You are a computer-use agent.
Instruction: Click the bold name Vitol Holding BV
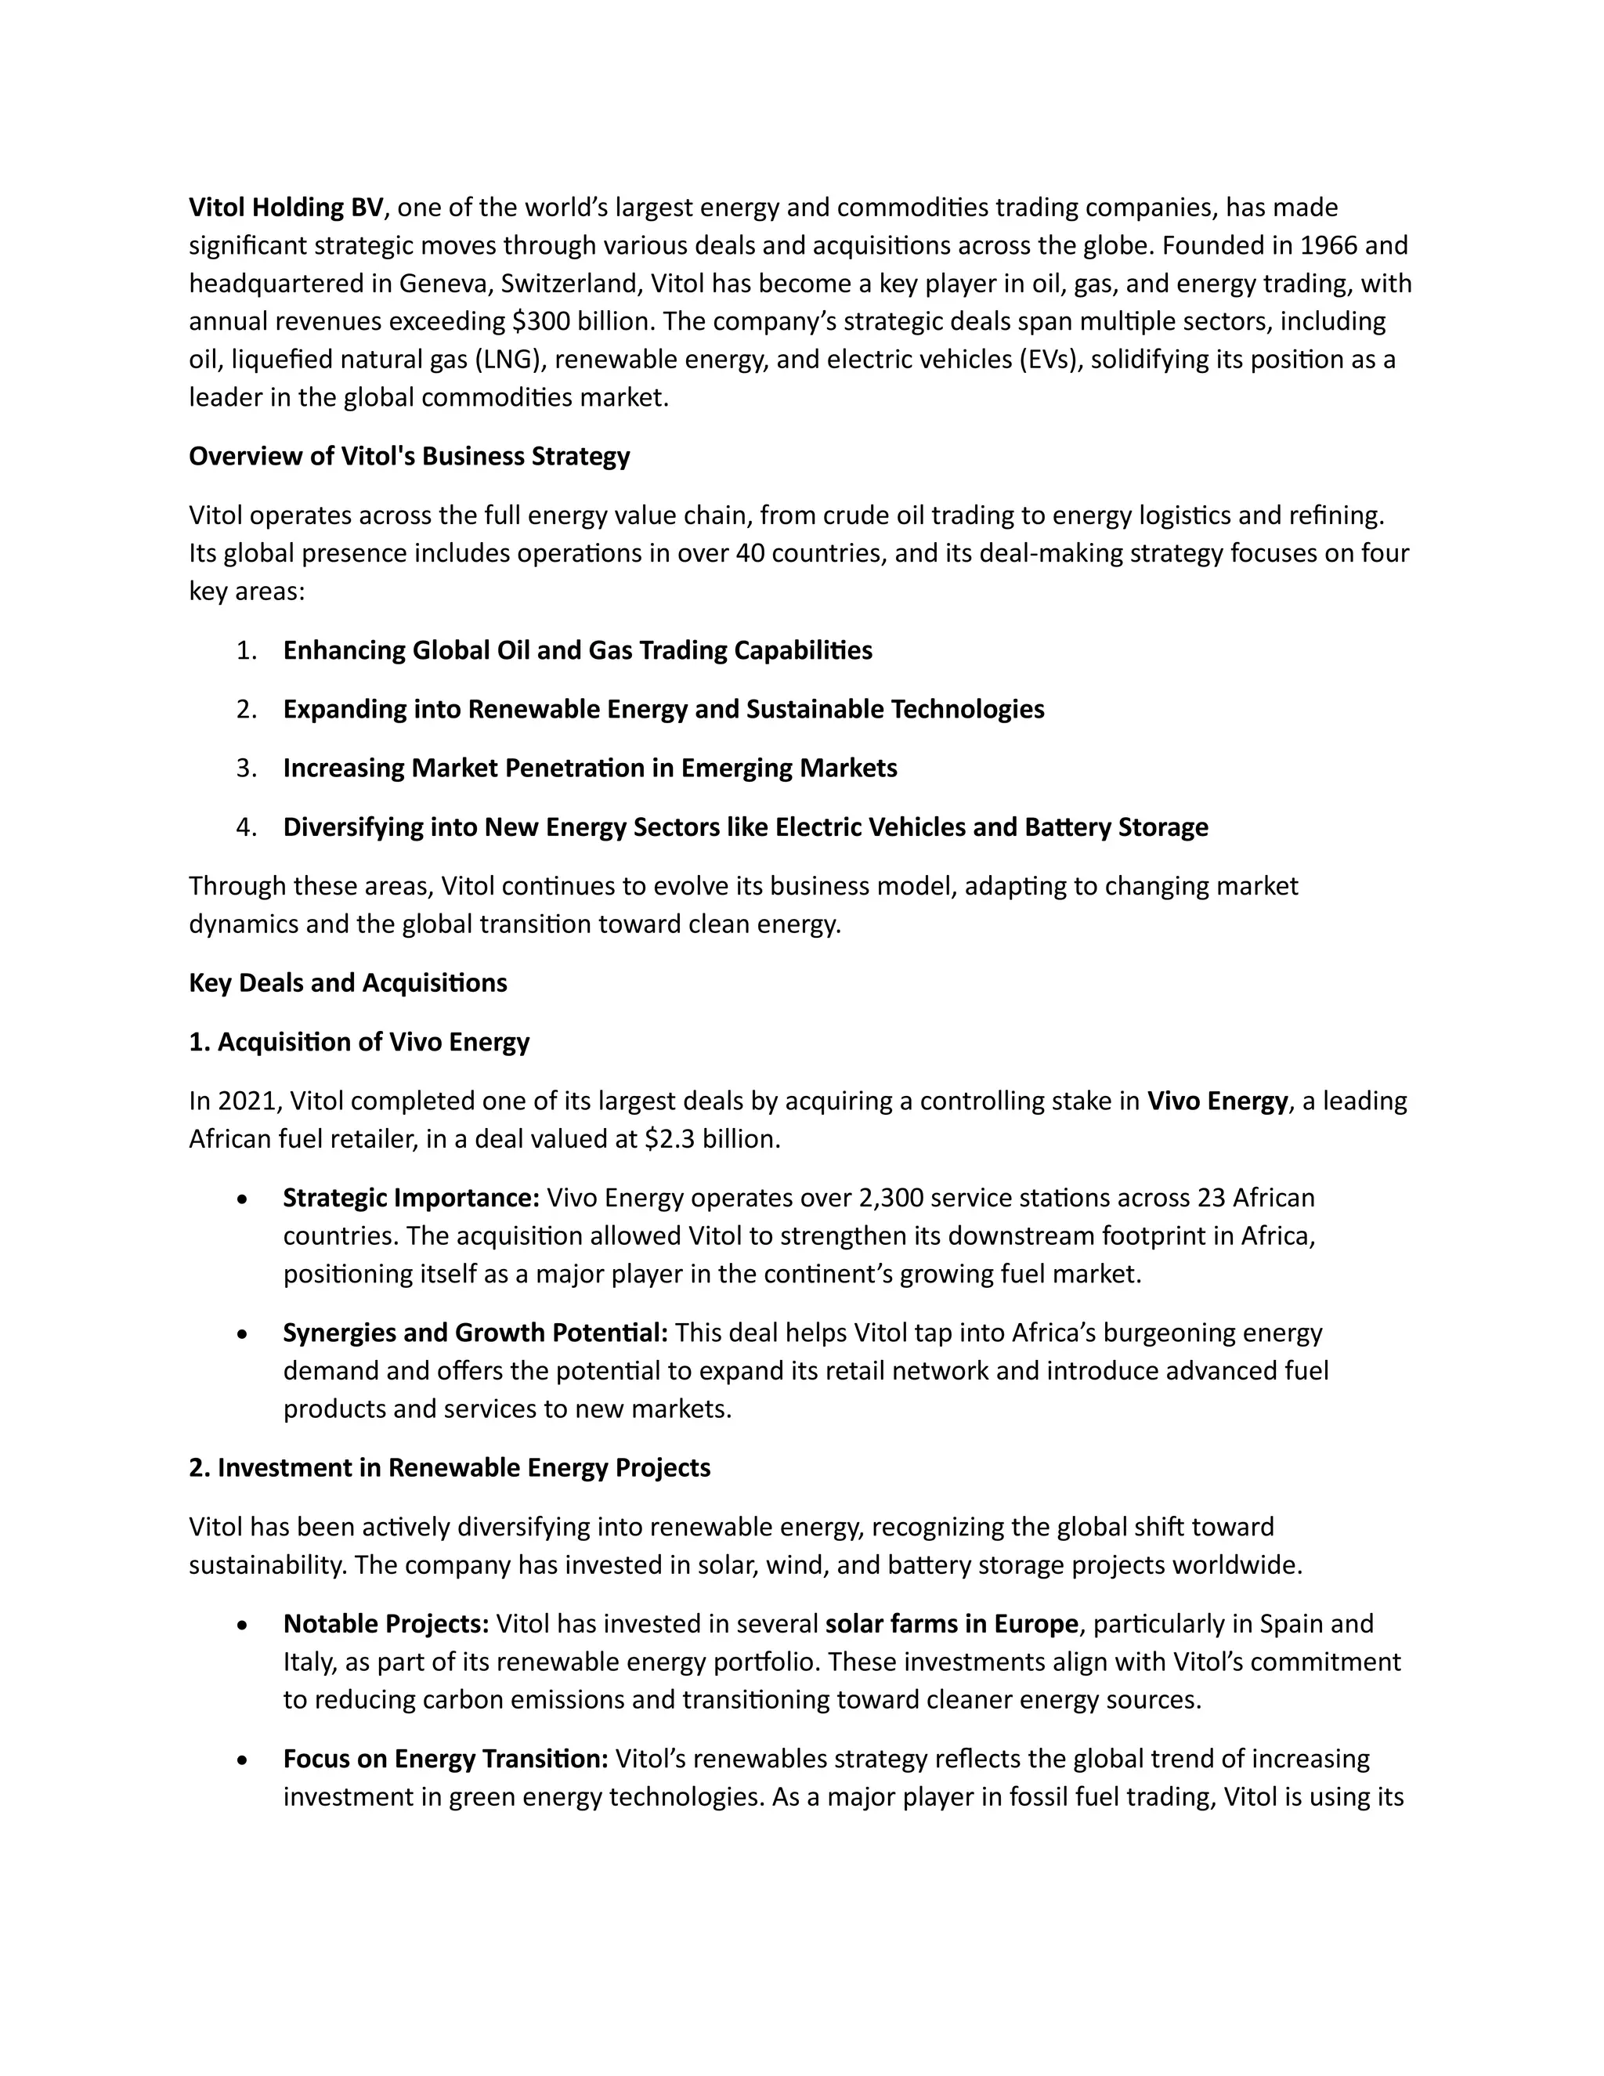286,208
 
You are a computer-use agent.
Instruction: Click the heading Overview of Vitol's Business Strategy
409,456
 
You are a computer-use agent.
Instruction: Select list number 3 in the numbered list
246,768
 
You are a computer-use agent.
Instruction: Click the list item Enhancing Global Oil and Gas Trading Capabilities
576,650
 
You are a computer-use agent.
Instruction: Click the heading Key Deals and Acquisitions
348,983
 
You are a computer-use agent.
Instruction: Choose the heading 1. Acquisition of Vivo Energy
359,1042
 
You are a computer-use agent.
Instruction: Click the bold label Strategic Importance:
410,1198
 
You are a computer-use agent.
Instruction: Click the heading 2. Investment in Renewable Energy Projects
450,1467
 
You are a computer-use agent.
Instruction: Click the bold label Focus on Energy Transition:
445,1759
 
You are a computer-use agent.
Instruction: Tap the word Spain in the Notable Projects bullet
1292,1623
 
